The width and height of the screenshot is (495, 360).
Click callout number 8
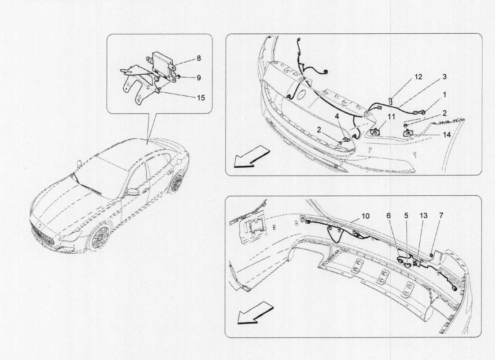(198, 58)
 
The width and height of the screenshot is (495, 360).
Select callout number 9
(198, 77)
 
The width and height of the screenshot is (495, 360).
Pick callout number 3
(444, 76)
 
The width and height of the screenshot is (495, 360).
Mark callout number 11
(392, 117)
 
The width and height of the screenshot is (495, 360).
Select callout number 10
(365, 216)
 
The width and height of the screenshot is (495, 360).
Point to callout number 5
(406, 216)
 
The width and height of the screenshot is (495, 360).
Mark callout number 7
(441, 216)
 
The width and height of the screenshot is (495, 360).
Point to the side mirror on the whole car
(133, 192)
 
